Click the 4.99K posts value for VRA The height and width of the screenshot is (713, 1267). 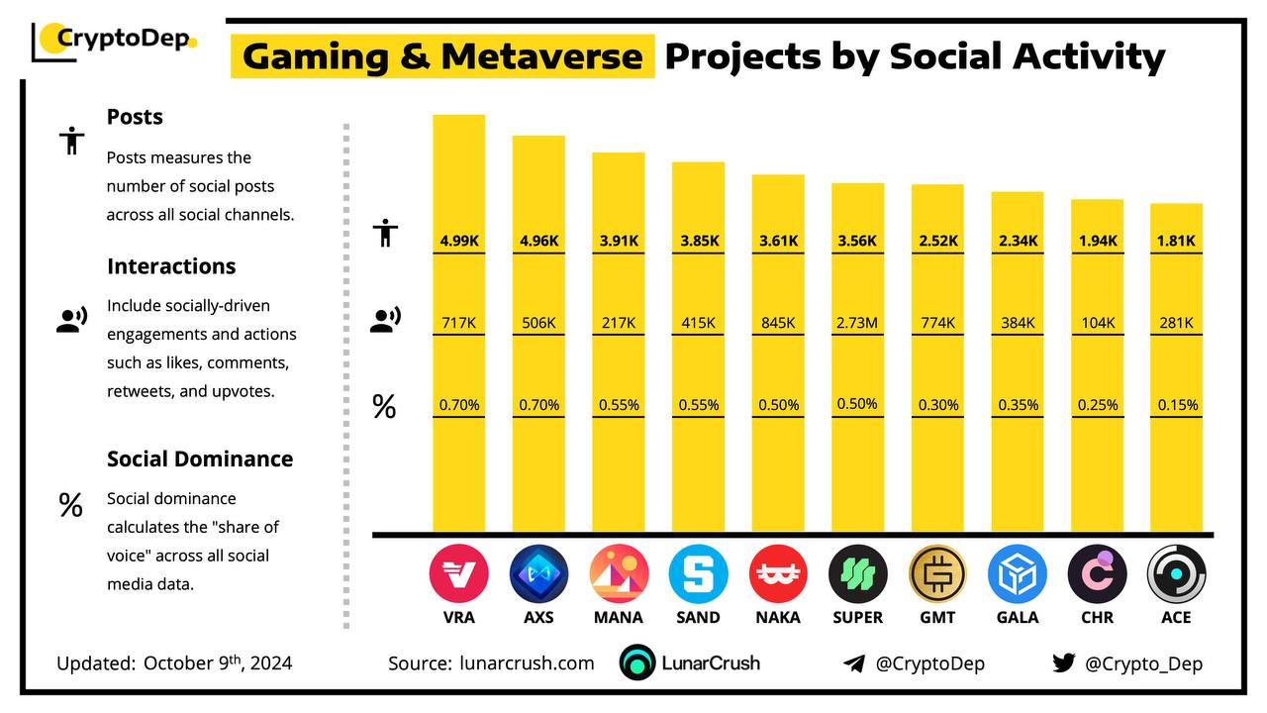[458, 241]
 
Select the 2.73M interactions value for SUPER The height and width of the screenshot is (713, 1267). [857, 323]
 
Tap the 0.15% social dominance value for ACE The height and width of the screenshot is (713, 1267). [1177, 405]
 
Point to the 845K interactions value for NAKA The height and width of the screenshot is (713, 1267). [777, 323]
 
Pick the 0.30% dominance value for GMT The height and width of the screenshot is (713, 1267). [936, 405]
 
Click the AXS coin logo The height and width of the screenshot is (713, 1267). [539, 575]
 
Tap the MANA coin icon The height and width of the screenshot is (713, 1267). [619, 575]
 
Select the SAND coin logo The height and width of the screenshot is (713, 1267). [698, 575]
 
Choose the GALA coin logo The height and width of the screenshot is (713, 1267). [1018, 575]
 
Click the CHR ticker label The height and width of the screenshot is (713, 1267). [1097, 617]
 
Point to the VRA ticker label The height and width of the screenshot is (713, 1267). [459, 617]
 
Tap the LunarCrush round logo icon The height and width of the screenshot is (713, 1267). [637, 663]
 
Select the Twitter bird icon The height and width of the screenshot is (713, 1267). [1063, 663]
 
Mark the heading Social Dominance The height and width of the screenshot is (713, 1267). [200, 458]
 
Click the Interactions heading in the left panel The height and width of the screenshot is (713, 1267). [171, 266]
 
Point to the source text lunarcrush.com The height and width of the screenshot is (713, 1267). [527, 663]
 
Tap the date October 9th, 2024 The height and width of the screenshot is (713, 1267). [218, 663]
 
